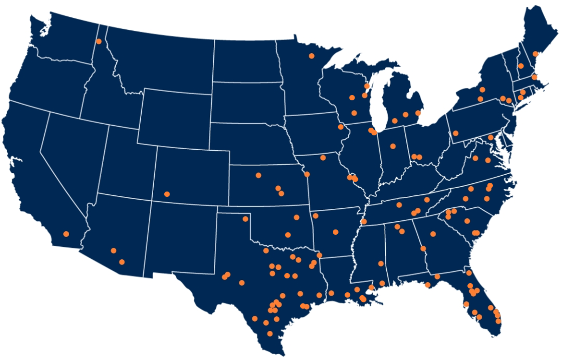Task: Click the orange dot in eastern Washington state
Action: pos(99,41)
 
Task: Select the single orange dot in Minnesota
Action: pos(311,56)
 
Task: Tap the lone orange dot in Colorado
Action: pos(167,194)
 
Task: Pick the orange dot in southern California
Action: pos(66,234)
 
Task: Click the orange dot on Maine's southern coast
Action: pos(536,54)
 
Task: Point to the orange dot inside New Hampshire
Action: pos(521,66)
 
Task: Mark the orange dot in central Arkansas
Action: pos(335,232)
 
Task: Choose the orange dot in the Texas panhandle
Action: pos(245,219)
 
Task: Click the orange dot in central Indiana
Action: pos(393,146)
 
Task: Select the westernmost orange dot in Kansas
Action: pos(258,175)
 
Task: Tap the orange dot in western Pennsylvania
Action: pos(455,133)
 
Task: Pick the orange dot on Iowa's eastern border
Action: pos(341,127)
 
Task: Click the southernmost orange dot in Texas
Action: pos(270,334)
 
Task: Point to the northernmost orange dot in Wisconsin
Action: pos(367,86)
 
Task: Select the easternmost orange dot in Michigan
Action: pos(417,113)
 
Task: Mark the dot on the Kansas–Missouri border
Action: pos(307,174)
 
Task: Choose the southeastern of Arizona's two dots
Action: pos(122,262)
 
